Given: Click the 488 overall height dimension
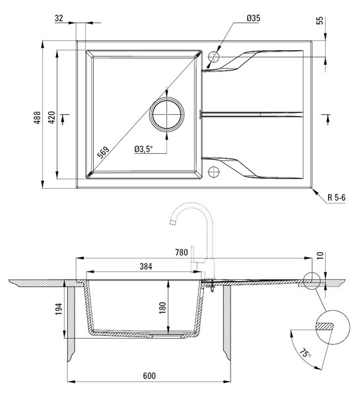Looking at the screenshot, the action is [x=37, y=117].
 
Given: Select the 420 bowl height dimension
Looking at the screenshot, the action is [x=52, y=117].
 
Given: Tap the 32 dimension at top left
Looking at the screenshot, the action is [x=59, y=18].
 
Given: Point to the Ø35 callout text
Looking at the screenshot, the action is [x=253, y=18].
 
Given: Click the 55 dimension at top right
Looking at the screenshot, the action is [x=320, y=20].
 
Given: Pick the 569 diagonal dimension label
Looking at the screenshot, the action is [x=104, y=152].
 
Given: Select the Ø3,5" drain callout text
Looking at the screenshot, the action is [x=144, y=149].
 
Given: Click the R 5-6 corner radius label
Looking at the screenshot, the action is [x=336, y=197].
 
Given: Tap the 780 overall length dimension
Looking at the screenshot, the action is [x=182, y=252].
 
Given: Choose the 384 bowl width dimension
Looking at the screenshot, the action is [x=146, y=267].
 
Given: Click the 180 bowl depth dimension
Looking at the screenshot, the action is [x=162, y=308].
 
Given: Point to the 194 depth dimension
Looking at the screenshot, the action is [x=59, y=309].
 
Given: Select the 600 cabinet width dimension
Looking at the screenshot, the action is [x=149, y=376].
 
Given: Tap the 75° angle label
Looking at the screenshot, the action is [x=305, y=353].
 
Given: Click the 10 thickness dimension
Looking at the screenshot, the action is [x=320, y=255].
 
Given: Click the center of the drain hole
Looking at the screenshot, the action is [x=166, y=114].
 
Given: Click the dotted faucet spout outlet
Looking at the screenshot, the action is [x=173, y=222].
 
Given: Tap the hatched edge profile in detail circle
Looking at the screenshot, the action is [x=324, y=326].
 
